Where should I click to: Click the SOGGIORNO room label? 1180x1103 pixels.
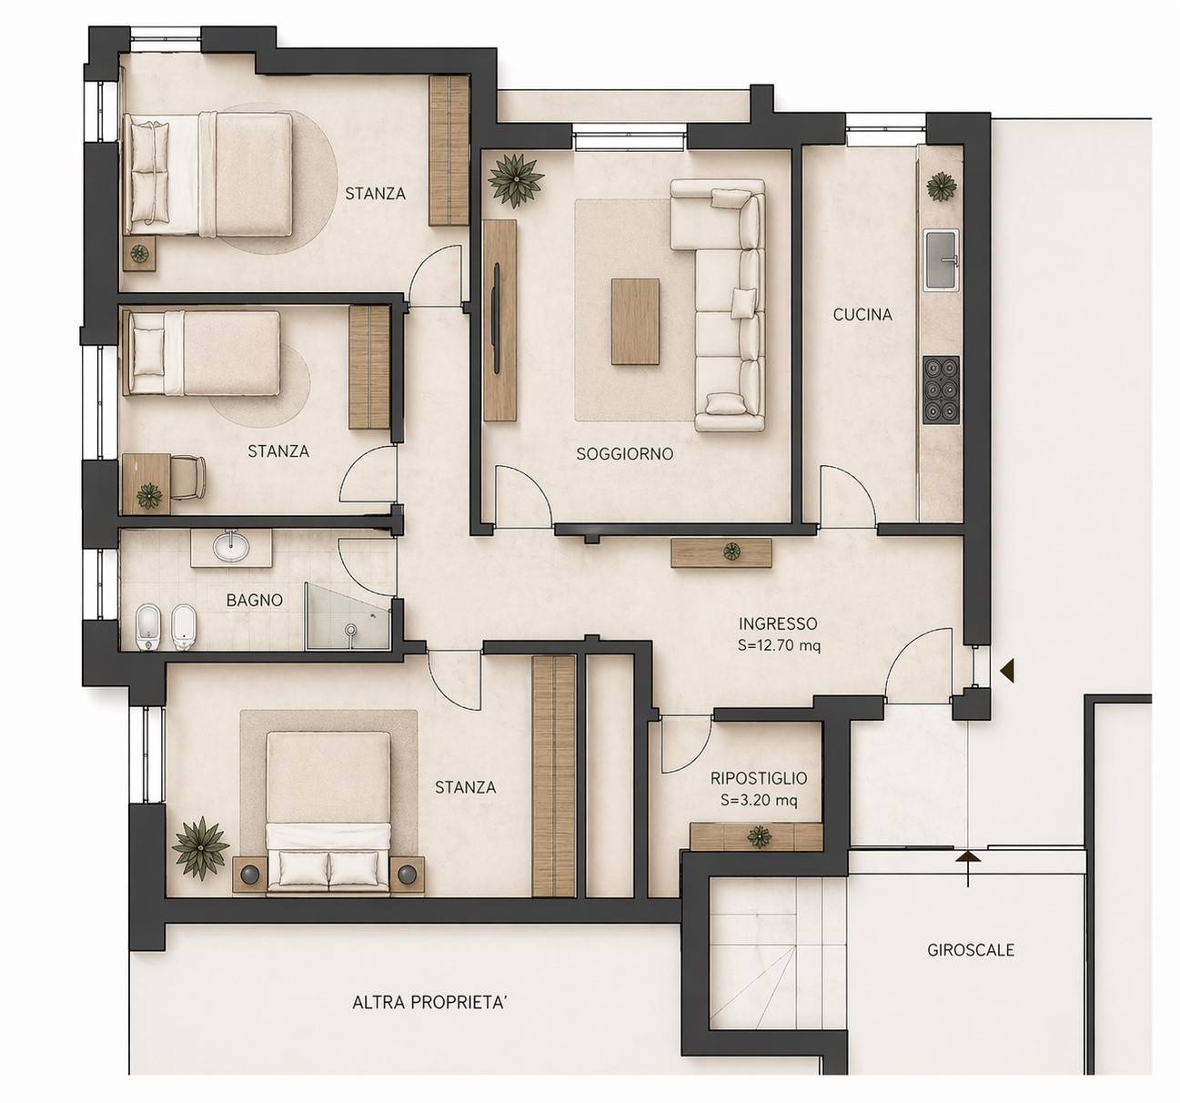coord(624,454)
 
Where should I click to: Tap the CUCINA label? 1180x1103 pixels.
coord(862,315)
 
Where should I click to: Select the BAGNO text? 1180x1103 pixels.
coord(255,601)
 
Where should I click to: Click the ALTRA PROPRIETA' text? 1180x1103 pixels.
coord(429,1003)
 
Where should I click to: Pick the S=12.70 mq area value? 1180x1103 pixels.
coord(779,646)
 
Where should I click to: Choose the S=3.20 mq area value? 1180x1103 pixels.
coord(759,800)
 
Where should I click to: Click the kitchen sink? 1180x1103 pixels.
coord(941,260)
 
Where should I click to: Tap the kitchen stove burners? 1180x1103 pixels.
coord(941,390)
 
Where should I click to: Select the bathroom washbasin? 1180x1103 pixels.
coord(232,546)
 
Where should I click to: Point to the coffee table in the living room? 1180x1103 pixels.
coord(635,321)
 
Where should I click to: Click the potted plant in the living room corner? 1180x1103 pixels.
coord(516,180)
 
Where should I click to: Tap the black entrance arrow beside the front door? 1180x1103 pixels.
coord(1006,672)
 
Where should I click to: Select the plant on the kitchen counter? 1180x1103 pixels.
coord(942,187)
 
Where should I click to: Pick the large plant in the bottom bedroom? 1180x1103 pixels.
coord(200,846)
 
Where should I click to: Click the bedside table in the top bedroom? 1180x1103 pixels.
coord(139,254)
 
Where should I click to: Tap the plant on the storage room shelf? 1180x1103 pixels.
coord(760,836)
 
